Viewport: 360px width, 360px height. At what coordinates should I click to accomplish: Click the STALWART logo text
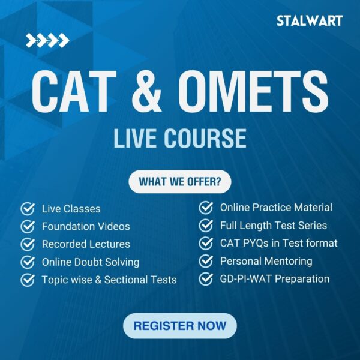[x=310, y=20]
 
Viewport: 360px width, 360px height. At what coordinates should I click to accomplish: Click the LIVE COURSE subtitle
[x=179, y=138]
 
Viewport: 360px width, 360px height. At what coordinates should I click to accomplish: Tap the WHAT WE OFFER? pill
[x=179, y=181]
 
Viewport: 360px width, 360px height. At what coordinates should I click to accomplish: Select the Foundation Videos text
[x=86, y=227]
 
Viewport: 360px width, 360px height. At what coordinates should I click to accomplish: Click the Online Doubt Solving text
[x=91, y=262]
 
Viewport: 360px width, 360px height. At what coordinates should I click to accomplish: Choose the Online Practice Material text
[x=276, y=208]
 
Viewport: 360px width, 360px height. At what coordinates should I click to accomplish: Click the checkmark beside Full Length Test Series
[x=206, y=226]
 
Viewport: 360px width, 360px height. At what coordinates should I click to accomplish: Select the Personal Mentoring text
[x=266, y=261]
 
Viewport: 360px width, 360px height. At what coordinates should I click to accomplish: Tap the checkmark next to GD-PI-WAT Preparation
[x=206, y=278]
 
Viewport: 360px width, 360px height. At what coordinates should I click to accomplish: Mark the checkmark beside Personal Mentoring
[x=206, y=261]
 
